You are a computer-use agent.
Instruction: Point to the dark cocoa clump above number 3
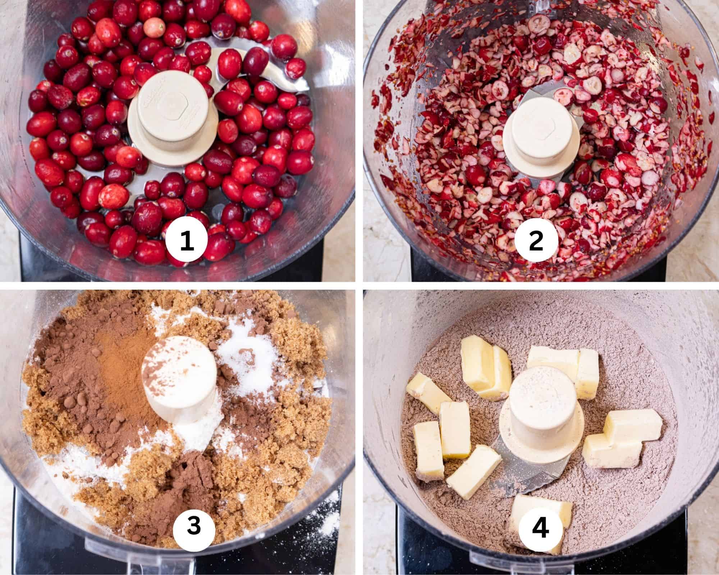(192, 478)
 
